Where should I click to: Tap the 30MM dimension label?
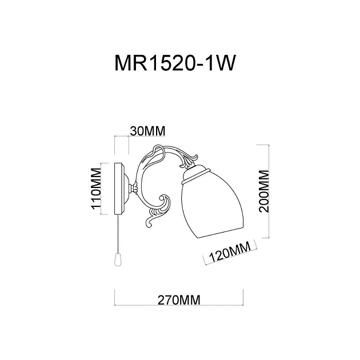(147, 130)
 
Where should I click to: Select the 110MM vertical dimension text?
(95, 189)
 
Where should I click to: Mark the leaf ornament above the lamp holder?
(187, 158)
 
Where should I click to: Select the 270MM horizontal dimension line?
(180, 290)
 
